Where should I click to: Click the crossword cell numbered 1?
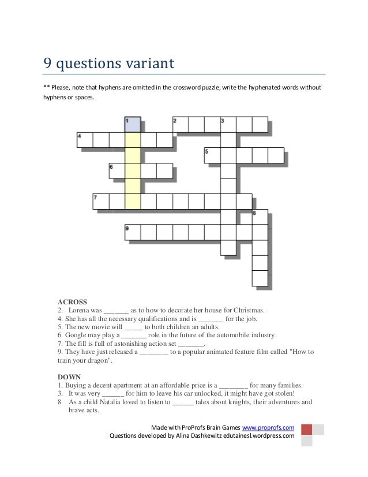click(133, 124)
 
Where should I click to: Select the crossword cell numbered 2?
click(181, 124)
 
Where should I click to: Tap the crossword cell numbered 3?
click(228, 124)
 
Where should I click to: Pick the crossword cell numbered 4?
click(85, 140)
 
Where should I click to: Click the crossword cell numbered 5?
click(212, 155)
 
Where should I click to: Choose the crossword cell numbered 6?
click(117, 171)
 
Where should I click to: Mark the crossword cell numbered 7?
click(101, 202)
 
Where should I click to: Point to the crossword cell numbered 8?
click(260, 217)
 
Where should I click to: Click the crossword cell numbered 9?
click(133, 232)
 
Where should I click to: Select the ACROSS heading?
click(72, 301)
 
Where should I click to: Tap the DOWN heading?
click(70, 377)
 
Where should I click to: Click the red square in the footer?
click(307, 430)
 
